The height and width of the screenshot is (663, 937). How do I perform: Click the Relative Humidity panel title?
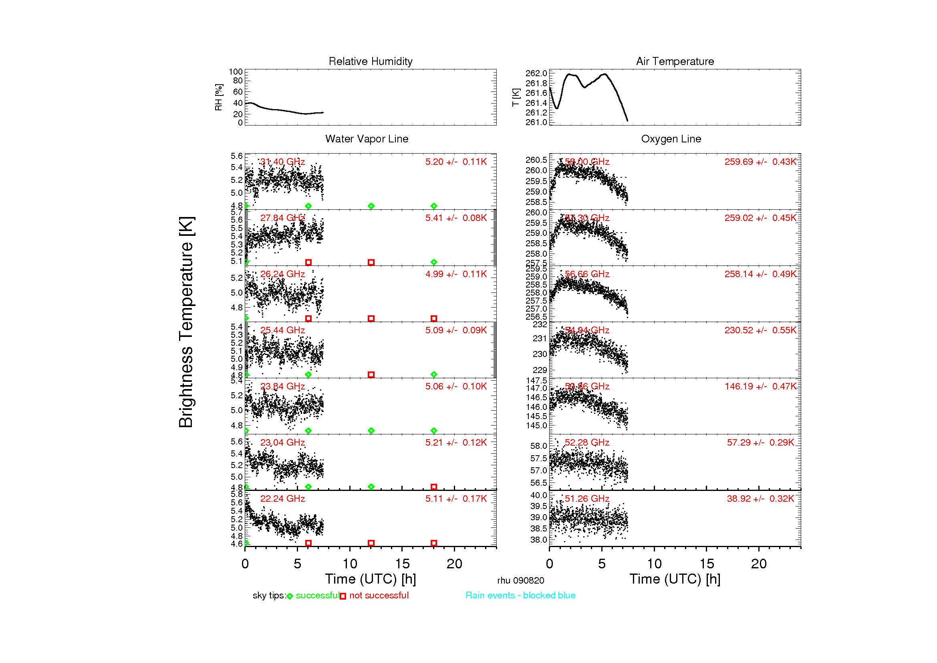370,61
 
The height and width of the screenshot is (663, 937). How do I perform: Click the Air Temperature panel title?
675,61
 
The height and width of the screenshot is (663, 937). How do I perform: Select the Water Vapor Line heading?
367,139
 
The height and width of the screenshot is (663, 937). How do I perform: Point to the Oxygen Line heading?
671,139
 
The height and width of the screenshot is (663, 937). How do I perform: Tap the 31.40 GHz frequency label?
282,162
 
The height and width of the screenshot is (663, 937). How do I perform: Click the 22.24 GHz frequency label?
282,499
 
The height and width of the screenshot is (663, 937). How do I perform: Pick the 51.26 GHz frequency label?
586,499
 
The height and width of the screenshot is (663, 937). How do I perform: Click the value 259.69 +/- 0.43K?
760,162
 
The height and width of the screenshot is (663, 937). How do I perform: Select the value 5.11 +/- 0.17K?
456,499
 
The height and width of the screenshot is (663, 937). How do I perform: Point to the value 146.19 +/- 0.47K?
760,386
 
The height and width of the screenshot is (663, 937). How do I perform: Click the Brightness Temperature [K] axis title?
186,322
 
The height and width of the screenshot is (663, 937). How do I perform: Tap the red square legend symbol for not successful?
343,596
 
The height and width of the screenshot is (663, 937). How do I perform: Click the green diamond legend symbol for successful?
290,596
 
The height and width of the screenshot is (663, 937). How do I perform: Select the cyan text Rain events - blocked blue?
520,595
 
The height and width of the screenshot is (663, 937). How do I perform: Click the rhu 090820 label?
520,580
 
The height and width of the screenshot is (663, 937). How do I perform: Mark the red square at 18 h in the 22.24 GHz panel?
433,543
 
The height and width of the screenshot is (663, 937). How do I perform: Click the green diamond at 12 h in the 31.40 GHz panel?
371,206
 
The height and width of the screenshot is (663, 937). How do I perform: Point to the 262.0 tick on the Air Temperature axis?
536,73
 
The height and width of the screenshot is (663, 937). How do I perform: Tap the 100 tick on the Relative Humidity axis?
236,72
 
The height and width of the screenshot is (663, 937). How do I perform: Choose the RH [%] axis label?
219,97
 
